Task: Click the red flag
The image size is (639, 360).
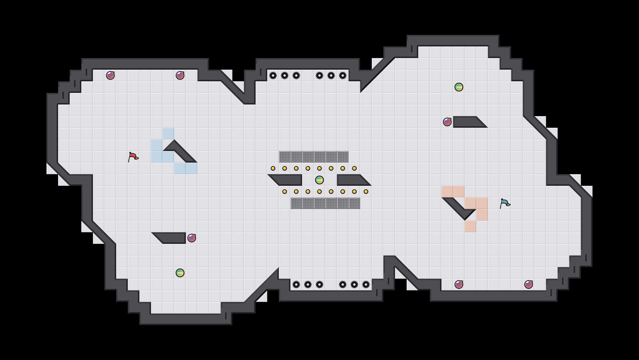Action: coord(133,157)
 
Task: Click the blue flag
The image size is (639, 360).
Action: coord(505,203)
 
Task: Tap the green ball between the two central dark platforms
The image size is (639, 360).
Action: coord(319,180)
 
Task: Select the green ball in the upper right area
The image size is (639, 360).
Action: coord(459,87)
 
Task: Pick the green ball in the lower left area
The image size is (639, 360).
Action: coord(180,273)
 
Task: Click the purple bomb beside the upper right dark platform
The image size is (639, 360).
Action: coord(447,122)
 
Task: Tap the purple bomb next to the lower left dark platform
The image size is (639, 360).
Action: coord(192,238)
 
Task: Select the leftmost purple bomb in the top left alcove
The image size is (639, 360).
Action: coord(110,75)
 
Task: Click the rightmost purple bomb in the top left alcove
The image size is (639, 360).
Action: coord(180,75)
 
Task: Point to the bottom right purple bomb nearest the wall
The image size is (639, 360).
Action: coord(529,285)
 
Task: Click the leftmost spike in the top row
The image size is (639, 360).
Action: coord(273,75)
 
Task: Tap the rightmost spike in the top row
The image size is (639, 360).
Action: coord(343,75)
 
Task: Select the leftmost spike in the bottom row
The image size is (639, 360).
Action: coord(296,285)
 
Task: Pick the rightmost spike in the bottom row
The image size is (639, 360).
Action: coord(366,285)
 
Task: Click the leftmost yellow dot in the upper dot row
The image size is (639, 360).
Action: coord(273,168)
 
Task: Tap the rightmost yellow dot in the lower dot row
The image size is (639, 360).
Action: coord(366,192)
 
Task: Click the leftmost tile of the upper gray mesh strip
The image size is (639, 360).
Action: coord(285,157)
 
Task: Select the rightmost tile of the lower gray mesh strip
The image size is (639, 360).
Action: coord(354,203)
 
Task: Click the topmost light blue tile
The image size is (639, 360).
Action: coord(168,134)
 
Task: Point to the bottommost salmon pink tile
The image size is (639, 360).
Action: coord(471,226)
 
